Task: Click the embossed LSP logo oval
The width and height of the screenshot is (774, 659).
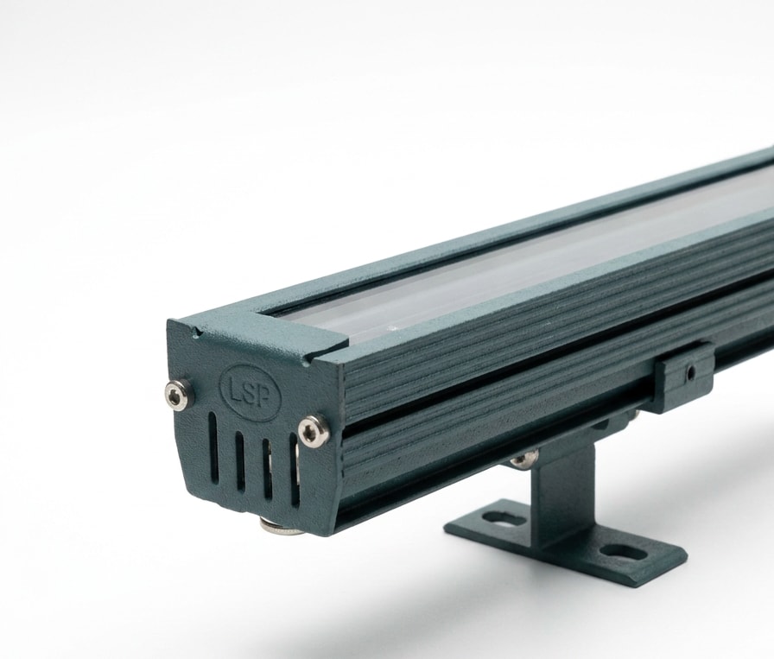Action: (250, 392)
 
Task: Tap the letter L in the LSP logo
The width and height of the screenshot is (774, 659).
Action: (235, 388)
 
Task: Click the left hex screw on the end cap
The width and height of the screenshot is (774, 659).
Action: (178, 395)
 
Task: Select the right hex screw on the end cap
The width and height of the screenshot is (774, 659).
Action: (314, 432)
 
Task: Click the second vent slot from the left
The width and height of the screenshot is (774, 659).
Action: (240, 461)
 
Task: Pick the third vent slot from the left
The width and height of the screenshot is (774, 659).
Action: (267, 469)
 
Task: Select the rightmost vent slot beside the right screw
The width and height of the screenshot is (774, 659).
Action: (295, 471)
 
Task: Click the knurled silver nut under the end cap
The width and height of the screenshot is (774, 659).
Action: (279, 526)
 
